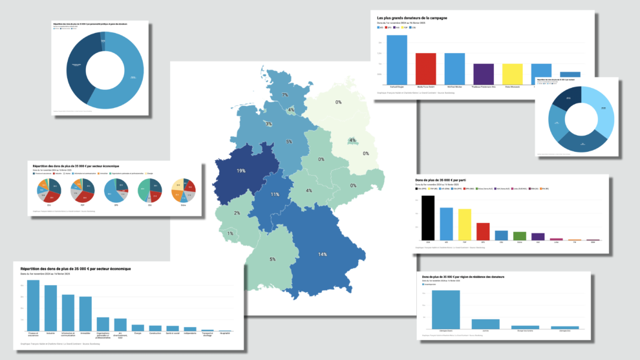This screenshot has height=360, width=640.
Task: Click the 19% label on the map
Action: tap(240, 171)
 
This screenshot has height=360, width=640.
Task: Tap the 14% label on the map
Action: tap(322, 254)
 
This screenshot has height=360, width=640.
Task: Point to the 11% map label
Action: tap(275, 195)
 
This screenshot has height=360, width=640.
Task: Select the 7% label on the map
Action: tap(284, 95)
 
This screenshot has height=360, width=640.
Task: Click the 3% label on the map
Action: tap(268, 123)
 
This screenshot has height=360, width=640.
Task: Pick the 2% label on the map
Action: tap(237, 213)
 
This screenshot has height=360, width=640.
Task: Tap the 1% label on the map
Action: tap(230, 233)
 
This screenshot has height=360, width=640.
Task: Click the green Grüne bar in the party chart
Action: tap(520, 235)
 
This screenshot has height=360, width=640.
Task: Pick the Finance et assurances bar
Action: tap(34, 304)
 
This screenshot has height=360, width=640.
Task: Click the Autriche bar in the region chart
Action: tap(485, 324)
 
